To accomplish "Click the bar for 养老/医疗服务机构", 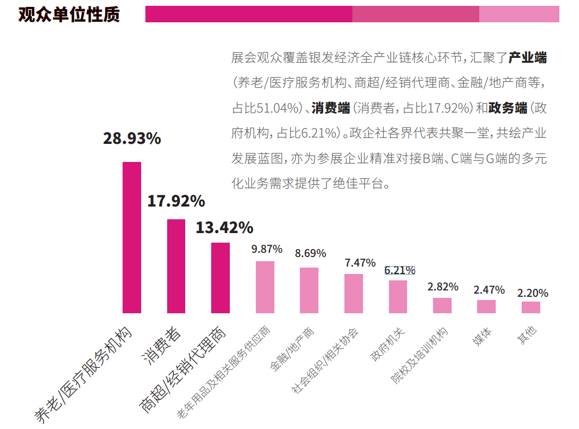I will [x=132, y=237].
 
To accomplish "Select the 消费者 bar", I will [x=176, y=266].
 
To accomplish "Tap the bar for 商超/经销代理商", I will [x=220, y=278].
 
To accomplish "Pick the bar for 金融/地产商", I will [x=309, y=290].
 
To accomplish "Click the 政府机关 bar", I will [x=398, y=296].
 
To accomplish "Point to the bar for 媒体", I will [x=486, y=306].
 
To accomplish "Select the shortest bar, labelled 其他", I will [x=531, y=307].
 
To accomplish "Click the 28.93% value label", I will [x=132, y=139].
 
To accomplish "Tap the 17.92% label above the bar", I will [x=176, y=201].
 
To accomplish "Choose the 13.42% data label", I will [x=224, y=228].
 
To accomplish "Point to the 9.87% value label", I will [x=266, y=249].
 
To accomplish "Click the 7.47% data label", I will [x=360, y=262].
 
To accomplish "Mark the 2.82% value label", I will [x=443, y=287].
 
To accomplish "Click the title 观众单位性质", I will [x=69, y=14].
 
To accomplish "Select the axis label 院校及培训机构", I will [x=419, y=356].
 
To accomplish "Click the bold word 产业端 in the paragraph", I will [x=528, y=57].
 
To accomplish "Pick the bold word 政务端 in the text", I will [x=508, y=108].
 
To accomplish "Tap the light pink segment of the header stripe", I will [x=518, y=14].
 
